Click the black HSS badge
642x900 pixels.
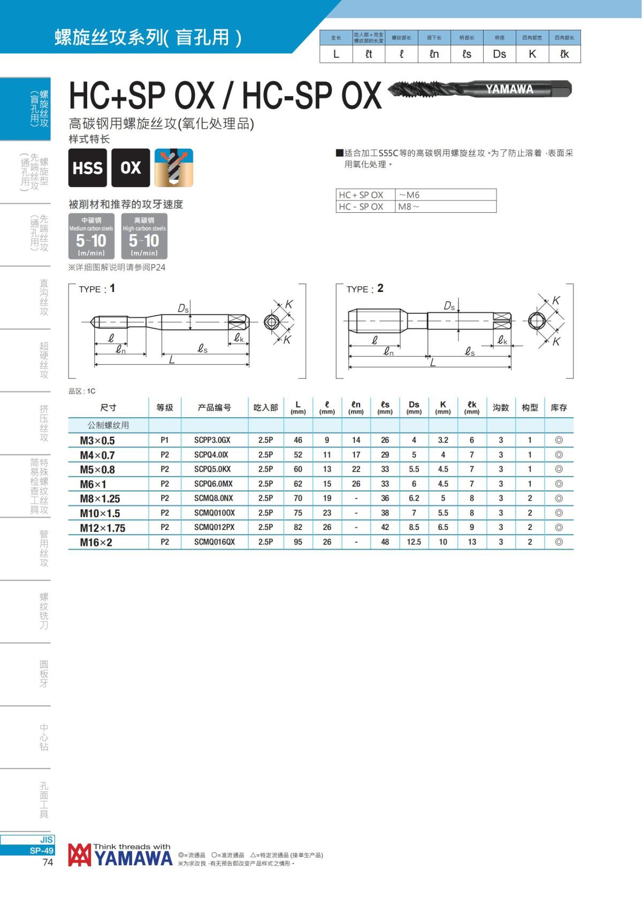coord(87,167)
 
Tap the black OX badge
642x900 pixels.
coord(130,167)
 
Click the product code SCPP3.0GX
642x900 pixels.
coord(212,440)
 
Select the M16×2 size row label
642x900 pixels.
coord(96,542)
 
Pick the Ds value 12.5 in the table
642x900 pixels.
coord(414,542)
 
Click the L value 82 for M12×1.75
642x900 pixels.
coord(298,527)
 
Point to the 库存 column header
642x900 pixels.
coord(559,407)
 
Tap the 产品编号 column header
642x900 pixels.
coord(215,407)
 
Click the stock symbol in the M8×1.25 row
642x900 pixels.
coord(559,498)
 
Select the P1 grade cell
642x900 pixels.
coord(165,440)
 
